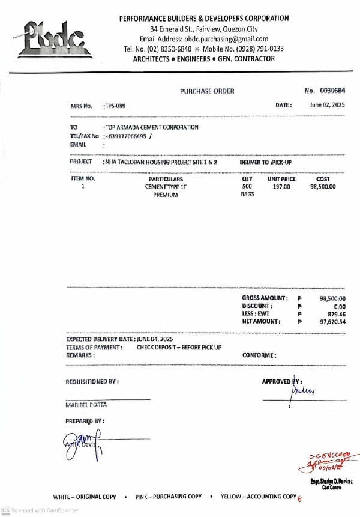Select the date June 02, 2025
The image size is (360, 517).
coord(328,105)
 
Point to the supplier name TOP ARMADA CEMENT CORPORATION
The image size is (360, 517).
coord(152,127)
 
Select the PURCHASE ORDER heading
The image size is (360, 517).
coord(207,91)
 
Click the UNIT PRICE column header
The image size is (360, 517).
coord(281,179)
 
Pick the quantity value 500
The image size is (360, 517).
coord(247,187)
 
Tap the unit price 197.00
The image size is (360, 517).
coord(281,187)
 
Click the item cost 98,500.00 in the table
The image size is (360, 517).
coord(323,187)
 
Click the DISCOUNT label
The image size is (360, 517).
coord(258,306)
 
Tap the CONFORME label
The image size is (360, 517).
coord(259,355)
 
